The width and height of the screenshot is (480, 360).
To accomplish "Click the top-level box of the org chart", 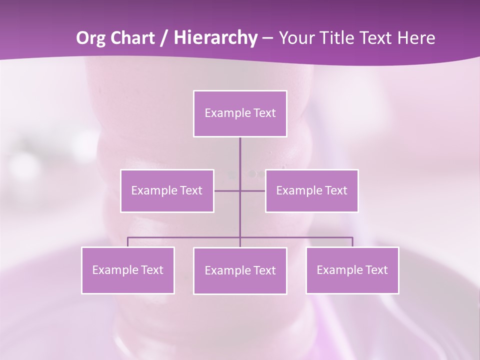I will (x=240, y=113).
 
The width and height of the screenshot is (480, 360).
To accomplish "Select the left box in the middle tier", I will (x=167, y=190).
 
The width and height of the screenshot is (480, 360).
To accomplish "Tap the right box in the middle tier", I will (x=311, y=190).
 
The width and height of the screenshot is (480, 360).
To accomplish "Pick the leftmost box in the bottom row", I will (x=128, y=270).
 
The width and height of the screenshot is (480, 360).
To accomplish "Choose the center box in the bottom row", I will (x=240, y=270).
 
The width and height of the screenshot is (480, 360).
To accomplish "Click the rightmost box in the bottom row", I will (x=352, y=270).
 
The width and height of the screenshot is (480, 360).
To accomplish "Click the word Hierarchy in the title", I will (x=215, y=38).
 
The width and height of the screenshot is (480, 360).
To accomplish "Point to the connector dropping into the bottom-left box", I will (x=128, y=242).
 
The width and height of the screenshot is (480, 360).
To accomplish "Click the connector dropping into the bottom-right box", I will (x=352, y=242).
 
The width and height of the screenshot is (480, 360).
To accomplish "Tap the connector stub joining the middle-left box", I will (x=226, y=190).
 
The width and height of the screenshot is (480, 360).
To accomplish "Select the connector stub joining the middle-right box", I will (x=253, y=190).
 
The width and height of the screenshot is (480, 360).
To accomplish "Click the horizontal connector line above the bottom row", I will (x=295, y=237).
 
